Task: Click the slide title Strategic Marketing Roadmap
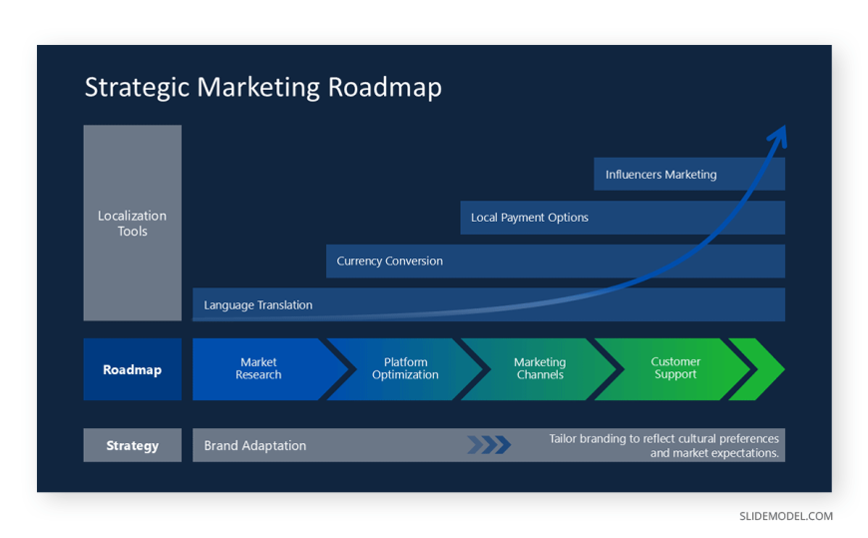(263, 88)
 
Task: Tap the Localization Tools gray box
(133, 223)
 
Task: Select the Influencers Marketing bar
(689, 174)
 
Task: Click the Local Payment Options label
(529, 218)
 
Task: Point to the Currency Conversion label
(390, 261)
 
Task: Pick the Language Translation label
(258, 304)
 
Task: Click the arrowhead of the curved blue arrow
(779, 135)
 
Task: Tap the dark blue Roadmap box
(133, 369)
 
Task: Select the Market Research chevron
(265, 369)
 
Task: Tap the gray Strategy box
(133, 445)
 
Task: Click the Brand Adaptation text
(254, 445)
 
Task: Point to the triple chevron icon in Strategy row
(489, 445)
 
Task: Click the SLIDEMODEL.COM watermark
(786, 516)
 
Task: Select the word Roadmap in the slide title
(385, 88)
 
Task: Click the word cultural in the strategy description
(693, 438)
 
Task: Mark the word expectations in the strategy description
(745, 453)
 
